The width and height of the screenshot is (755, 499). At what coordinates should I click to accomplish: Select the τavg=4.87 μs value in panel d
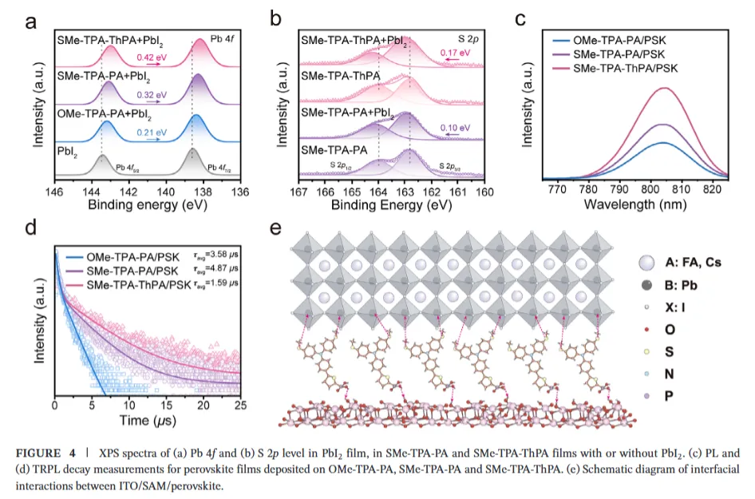(218, 271)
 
